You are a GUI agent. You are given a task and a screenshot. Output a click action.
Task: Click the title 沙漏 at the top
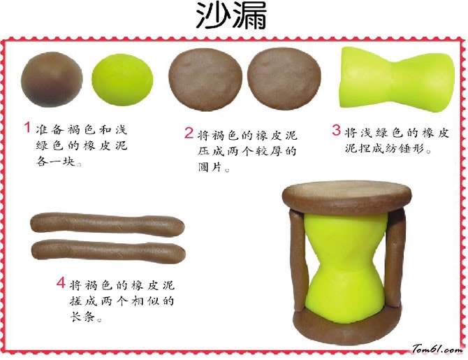coord(231,15)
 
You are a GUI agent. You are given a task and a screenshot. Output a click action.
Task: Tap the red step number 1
coord(27,127)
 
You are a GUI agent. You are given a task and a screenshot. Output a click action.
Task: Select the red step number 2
coord(189,133)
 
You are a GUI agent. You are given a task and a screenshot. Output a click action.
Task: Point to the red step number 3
coord(337,130)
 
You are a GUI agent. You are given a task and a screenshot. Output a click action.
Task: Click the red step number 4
coord(61,282)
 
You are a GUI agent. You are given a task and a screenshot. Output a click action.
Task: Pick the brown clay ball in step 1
coord(52,79)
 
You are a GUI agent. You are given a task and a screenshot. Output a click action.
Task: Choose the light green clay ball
coord(122,80)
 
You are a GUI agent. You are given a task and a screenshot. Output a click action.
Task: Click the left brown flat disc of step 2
coord(205,79)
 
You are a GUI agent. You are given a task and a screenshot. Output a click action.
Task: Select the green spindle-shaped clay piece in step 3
coord(397,80)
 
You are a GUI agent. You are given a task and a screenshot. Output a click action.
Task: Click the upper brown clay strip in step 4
coord(108,224)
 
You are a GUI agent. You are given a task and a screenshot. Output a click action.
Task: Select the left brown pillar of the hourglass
coord(299,260)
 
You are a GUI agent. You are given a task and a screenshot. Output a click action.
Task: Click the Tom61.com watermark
coord(438,349)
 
